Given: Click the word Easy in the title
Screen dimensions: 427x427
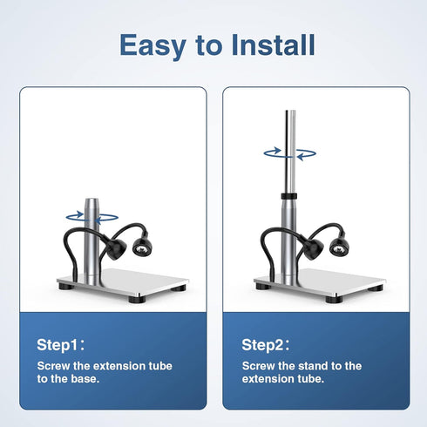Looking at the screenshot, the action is point(152,46).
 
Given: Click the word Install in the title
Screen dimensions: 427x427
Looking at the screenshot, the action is point(273,44).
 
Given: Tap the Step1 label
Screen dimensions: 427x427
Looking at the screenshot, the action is point(61,345).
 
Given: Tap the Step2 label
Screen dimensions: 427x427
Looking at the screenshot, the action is point(266,345).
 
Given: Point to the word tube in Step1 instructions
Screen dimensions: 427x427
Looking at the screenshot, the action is point(160,366).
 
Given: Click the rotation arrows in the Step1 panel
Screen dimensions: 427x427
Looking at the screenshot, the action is point(92,218).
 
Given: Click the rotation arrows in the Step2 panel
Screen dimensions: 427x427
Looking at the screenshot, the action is point(290,153).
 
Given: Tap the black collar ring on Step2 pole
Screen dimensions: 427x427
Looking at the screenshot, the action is point(289,196).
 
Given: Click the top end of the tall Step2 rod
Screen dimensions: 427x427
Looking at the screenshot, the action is point(290,111).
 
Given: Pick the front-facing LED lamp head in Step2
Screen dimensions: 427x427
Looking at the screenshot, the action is point(339,247).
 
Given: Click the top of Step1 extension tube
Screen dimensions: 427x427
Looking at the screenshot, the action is point(91,200).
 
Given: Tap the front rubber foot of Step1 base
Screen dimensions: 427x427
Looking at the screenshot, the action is point(137,300).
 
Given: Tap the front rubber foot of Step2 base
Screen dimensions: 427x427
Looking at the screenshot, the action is point(334,300).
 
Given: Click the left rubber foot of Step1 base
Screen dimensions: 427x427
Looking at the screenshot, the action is point(66,287).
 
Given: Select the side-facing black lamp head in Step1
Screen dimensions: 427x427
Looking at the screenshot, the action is point(116,248).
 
